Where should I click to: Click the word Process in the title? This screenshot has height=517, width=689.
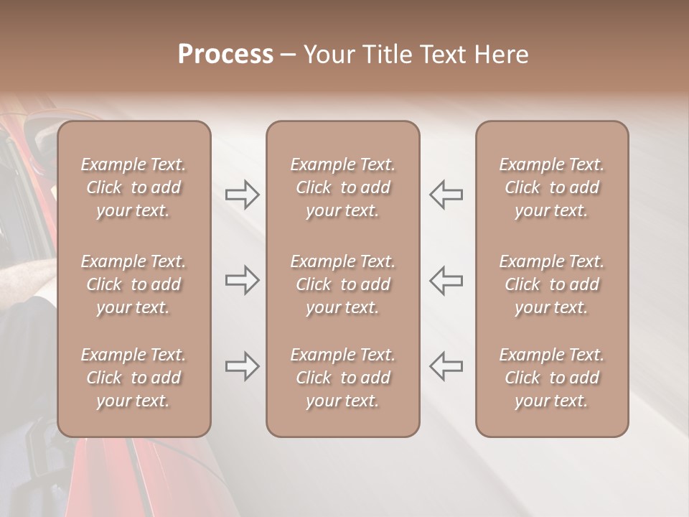[225, 55]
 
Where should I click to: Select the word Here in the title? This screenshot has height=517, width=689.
[501, 55]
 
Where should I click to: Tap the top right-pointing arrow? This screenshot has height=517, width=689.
[242, 194]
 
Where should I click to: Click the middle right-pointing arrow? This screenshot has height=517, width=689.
[242, 280]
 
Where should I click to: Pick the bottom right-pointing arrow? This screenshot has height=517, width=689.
[242, 366]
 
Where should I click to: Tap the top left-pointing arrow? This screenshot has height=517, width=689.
[446, 194]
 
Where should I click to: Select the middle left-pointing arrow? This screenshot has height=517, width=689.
[446, 280]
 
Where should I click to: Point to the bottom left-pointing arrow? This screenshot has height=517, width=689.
[446, 366]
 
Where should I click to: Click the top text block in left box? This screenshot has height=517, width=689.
[133, 187]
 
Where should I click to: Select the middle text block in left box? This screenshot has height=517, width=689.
[133, 284]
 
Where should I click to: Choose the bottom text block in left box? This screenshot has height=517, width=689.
[133, 378]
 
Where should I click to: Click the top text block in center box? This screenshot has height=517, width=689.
[342, 187]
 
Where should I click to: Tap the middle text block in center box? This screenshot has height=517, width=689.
[342, 284]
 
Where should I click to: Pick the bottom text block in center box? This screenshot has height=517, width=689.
[342, 378]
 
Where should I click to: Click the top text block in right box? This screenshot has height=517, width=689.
[551, 187]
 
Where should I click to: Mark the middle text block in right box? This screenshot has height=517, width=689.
[551, 284]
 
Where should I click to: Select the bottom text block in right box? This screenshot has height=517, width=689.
[551, 378]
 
